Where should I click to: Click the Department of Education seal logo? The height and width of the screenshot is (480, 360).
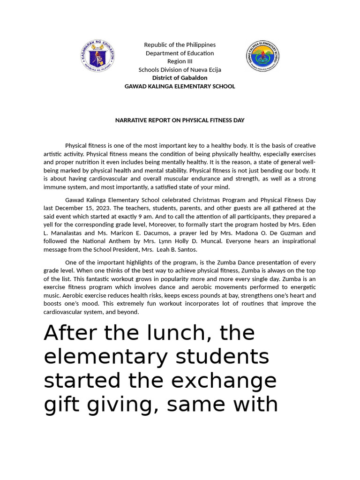click(x=97, y=56)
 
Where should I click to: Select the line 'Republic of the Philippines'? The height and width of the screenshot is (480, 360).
click(x=180, y=45)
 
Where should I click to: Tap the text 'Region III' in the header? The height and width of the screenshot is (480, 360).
click(x=180, y=61)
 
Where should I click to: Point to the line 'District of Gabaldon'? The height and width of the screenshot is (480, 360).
click(x=180, y=78)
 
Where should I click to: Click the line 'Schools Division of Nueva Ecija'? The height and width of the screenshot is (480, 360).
click(x=180, y=70)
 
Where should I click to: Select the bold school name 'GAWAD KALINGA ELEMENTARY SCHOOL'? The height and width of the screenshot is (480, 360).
click(x=180, y=86)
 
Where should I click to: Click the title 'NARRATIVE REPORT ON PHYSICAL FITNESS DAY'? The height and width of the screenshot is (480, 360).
click(x=180, y=120)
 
